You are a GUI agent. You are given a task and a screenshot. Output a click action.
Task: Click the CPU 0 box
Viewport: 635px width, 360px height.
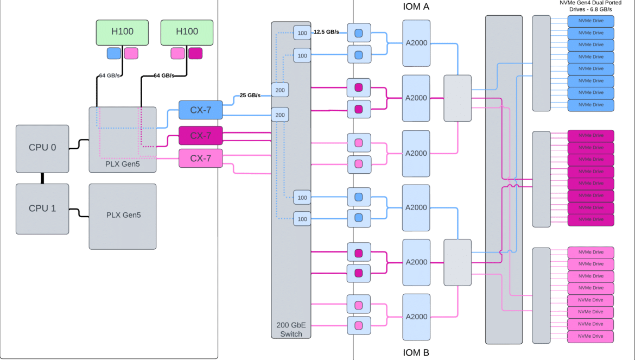[x=42, y=149]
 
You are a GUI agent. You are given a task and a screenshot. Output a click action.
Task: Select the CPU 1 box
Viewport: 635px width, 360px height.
[x=42, y=209]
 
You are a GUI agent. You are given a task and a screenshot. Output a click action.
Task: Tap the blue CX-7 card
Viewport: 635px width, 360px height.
[x=200, y=110]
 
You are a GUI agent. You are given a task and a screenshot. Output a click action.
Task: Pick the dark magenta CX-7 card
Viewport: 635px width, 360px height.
[x=200, y=135]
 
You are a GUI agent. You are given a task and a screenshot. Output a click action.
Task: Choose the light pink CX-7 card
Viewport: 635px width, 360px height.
[x=200, y=158]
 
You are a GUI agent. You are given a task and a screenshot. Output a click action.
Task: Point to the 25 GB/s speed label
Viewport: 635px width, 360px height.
[x=250, y=95]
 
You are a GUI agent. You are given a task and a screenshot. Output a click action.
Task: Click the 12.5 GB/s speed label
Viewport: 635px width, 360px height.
[x=326, y=31]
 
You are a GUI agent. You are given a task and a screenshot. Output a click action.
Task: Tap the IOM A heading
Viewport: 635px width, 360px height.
[x=416, y=7]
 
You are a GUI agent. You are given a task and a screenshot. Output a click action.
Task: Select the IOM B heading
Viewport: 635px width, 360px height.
[x=416, y=352]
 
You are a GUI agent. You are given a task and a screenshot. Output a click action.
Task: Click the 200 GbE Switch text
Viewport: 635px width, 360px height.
[x=291, y=329]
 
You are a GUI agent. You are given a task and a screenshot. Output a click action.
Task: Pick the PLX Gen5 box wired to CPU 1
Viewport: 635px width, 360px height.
[x=122, y=216]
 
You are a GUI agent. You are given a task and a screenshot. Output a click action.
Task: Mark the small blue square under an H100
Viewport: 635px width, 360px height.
[x=114, y=53]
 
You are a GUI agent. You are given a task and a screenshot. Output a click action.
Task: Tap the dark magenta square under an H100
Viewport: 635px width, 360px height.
[x=195, y=53]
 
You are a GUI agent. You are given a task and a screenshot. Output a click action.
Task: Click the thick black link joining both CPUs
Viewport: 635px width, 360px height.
[x=42, y=178]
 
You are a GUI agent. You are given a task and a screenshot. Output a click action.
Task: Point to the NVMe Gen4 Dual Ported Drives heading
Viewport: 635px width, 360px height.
[x=590, y=6]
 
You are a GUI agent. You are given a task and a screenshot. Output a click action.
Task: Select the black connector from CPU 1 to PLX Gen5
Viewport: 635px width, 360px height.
[x=79, y=213]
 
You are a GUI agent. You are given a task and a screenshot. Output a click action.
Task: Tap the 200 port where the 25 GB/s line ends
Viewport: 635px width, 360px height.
[x=280, y=90]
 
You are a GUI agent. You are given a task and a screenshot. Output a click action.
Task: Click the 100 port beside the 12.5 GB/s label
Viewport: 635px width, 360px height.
[x=302, y=33]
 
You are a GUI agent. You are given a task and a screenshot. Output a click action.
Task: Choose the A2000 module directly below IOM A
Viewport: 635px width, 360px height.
[x=416, y=43]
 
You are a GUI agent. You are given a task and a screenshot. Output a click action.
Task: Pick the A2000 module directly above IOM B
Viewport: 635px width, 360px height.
[x=416, y=317]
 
